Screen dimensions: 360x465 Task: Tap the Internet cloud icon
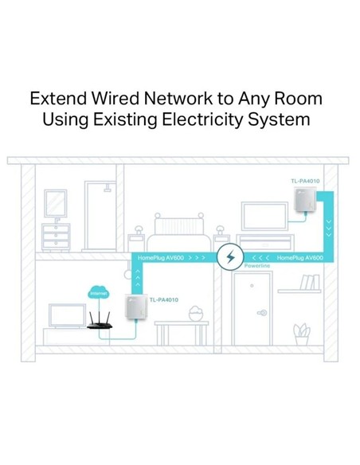[98, 293]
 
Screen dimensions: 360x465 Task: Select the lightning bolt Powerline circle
[230, 257]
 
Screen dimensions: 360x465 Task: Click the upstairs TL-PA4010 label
[305, 181]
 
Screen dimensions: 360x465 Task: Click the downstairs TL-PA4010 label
[164, 300]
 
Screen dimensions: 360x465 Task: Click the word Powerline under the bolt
[257, 266]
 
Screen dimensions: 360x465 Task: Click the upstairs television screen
[264, 217]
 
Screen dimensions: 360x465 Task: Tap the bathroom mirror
[56, 204]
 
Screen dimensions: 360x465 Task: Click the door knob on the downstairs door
[262, 313]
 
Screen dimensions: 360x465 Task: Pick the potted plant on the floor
[302, 334]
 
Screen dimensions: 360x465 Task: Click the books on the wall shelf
[310, 282]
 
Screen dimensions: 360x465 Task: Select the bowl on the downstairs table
[196, 314]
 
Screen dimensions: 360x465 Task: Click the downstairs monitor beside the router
[68, 316]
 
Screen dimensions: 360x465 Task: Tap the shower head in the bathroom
[107, 188]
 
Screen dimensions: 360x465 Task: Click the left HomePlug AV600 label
[160, 258]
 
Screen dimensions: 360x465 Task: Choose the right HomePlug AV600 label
[299, 258]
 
